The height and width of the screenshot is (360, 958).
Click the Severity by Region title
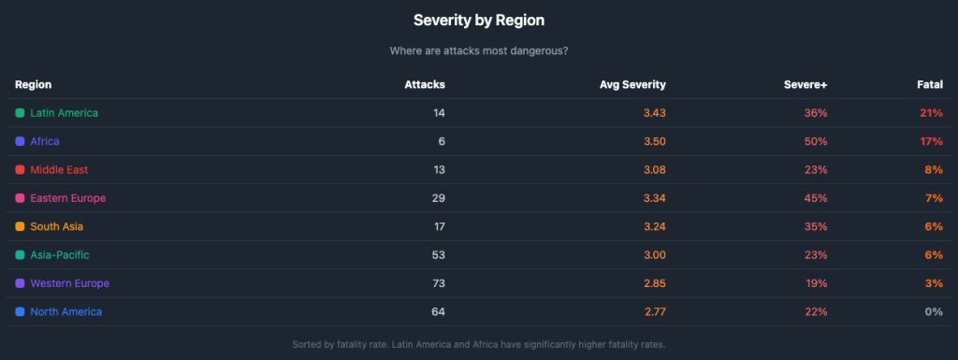478,20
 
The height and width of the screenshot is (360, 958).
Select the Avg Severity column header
632,84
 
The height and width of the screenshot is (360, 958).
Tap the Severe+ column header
806,84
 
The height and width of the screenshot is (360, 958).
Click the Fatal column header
929,84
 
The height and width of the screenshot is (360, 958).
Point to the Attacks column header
425,84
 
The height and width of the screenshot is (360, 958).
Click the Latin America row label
64,113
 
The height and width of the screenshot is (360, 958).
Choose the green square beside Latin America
21,113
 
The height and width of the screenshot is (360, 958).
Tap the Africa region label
45,141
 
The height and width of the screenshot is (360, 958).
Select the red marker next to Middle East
21,170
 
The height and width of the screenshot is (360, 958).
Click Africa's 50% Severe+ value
816,141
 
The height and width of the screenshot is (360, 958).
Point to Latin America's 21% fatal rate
931,113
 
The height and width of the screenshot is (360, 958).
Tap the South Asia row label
57,226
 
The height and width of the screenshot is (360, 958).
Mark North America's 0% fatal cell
934,311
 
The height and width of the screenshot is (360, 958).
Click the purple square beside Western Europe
21,283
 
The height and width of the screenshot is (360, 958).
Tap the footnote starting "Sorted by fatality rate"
478,345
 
